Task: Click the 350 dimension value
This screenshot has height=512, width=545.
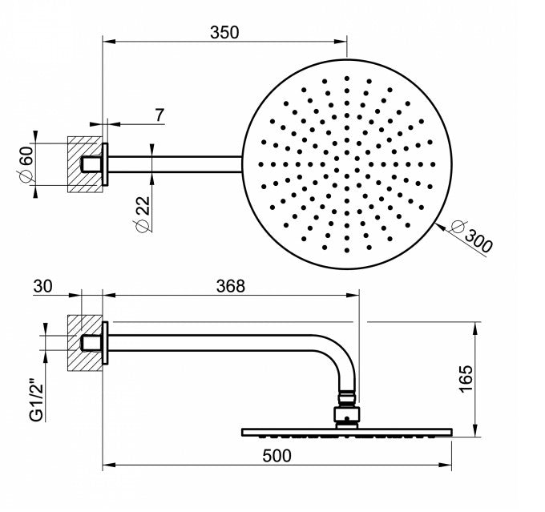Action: click(224, 32)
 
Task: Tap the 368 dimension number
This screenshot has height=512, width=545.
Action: click(231, 286)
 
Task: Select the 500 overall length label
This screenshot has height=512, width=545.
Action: click(277, 456)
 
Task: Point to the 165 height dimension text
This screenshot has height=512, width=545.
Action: click(466, 379)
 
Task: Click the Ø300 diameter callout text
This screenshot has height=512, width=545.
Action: click(471, 236)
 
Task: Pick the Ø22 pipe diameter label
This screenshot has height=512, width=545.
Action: click(142, 214)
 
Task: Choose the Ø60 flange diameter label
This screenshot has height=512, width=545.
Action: click(26, 164)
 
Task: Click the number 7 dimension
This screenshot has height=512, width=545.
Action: click(159, 115)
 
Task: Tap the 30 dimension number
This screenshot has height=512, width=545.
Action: click(42, 286)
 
